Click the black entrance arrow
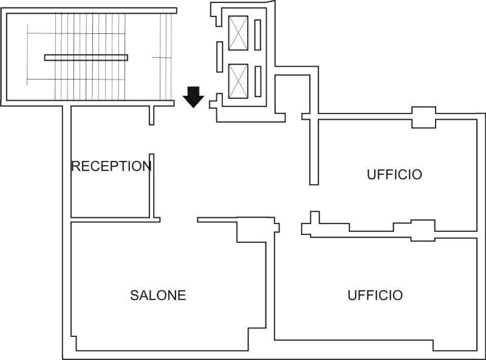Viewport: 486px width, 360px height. pyautogui.click(x=193, y=97)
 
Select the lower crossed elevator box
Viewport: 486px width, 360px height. pyautogui.click(x=238, y=79)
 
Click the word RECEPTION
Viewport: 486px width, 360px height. pyautogui.click(x=111, y=166)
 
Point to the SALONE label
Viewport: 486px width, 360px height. pyautogui.click(x=158, y=296)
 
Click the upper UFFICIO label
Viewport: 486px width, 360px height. pyautogui.click(x=394, y=175)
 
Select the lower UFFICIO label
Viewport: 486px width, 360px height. pyautogui.click(x=375, y=296)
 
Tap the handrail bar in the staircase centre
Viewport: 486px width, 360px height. pyautogui.click(x=86, y=58)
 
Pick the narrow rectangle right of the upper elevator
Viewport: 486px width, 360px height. pyautogui.click(x=257, y=33)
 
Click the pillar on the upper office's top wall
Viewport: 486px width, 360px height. pyautogui.click(x=423, y=117)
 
